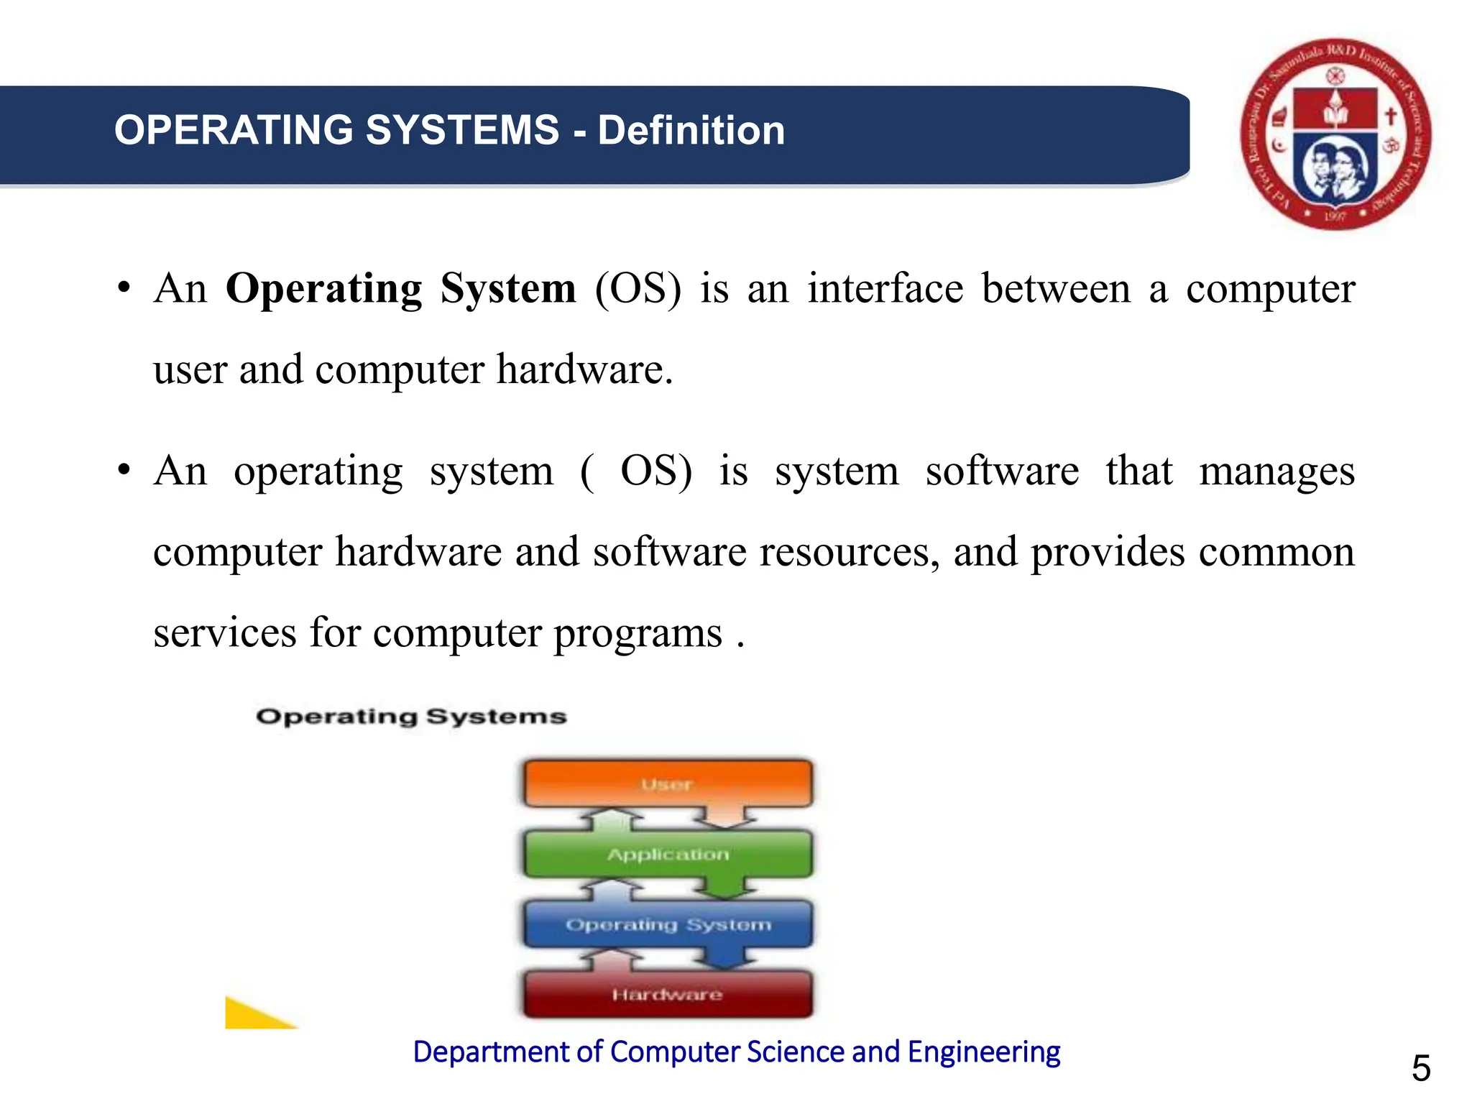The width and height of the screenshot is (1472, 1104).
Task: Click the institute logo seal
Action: pos(1335,134)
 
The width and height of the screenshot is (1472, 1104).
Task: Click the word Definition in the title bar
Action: pos(691,131)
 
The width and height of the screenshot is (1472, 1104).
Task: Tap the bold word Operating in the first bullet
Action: pos(323,289)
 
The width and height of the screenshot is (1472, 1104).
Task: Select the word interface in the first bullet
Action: pos(885,289)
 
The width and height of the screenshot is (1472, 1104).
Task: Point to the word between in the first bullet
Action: pos(1056,289)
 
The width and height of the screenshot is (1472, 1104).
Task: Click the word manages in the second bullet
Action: pos(1276,472)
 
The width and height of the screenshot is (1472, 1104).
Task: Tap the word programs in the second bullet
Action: pos(638,634)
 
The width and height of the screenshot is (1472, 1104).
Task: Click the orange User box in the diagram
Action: pos(668,783)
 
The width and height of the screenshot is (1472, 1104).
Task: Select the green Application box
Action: pos(668,854)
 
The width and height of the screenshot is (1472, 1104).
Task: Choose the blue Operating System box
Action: pos(668,924)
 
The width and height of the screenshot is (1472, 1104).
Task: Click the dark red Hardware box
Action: pos(668,995)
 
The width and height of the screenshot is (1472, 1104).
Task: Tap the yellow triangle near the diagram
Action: pos(252,1016)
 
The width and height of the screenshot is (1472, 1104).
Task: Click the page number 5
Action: pos(1421,1068)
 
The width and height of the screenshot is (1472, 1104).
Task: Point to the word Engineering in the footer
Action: pos(983,1052)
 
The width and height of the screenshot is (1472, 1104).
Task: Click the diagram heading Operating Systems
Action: pos(411,717)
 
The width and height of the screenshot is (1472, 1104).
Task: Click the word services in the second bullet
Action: pos(225,634)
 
